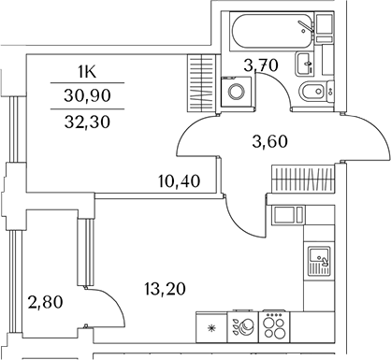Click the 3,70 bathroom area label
[x=261, y=65]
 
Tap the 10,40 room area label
[x=180, y=181]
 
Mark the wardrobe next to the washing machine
[x=203, y=83]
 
